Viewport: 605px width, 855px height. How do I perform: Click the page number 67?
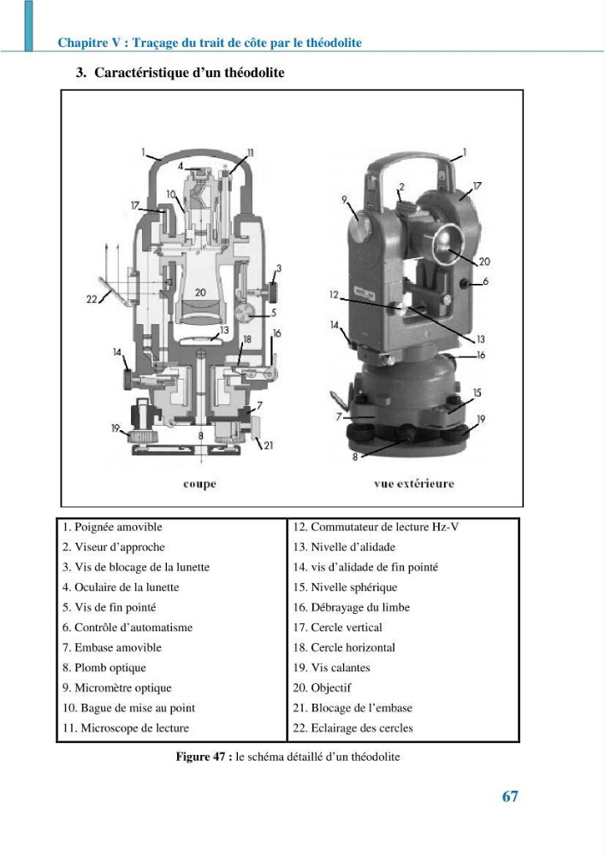pyautogui.click(x=509, y=797)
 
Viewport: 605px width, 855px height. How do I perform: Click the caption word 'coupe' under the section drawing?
pyautogui.click(x=199, y=484)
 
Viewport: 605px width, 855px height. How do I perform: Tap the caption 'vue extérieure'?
pyautogui.click(x=414, y=484)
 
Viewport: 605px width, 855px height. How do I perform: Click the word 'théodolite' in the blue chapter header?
pyautogui.click(x=334, y=43)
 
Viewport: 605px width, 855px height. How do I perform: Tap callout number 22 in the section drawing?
pyautogui.click(x=92, y=298)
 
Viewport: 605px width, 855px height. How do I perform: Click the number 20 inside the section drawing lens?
pyautogui.click(x=201, y=292)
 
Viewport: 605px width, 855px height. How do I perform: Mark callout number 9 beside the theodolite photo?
pyautogui.click(x=344, y=199)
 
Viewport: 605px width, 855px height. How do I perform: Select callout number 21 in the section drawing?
pyautogui.click(x=269, y=445)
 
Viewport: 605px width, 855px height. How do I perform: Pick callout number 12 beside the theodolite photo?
pyautogui.click(x=334, y=294)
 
